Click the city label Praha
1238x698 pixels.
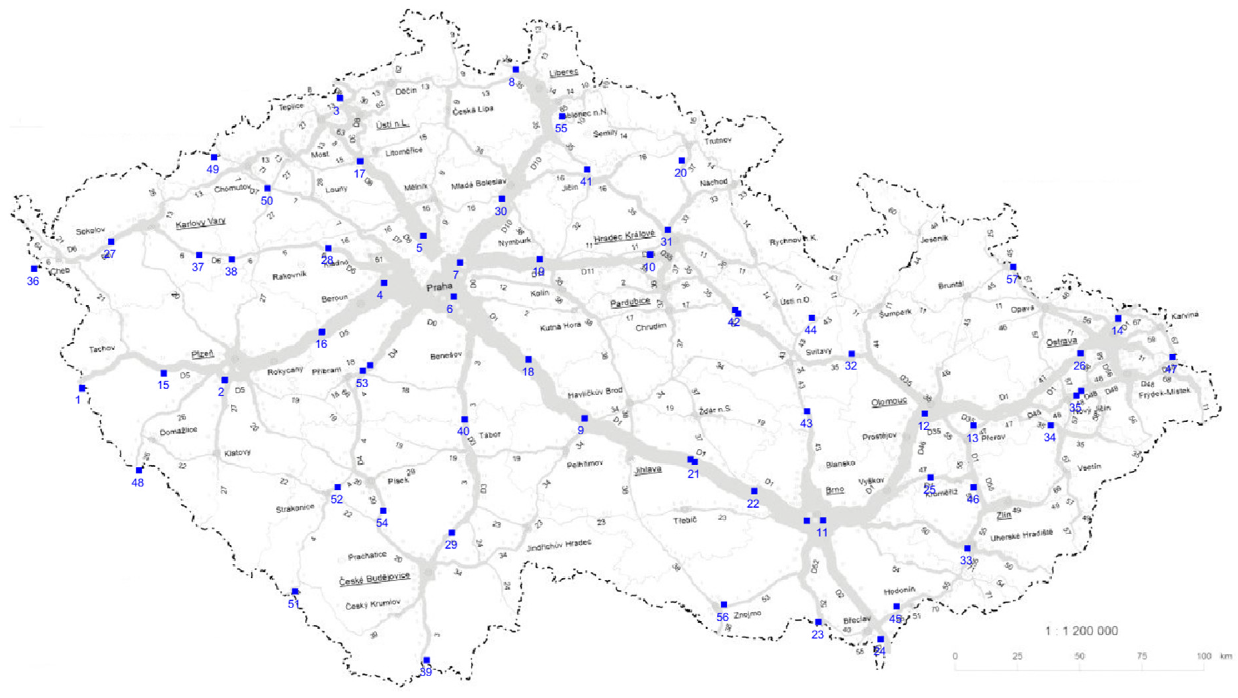439,287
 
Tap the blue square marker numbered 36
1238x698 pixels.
34,269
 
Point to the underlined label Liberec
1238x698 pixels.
564,72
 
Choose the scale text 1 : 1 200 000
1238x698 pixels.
1081,631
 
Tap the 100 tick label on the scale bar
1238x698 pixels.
1204,656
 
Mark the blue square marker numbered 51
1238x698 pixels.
295,591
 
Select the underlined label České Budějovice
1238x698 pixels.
375,579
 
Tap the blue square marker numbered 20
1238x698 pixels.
681,160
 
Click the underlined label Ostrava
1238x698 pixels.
1061,341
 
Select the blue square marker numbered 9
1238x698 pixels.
584,418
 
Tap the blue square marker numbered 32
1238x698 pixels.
852,354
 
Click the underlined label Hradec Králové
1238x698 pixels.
624,236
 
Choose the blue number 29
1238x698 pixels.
451,545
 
